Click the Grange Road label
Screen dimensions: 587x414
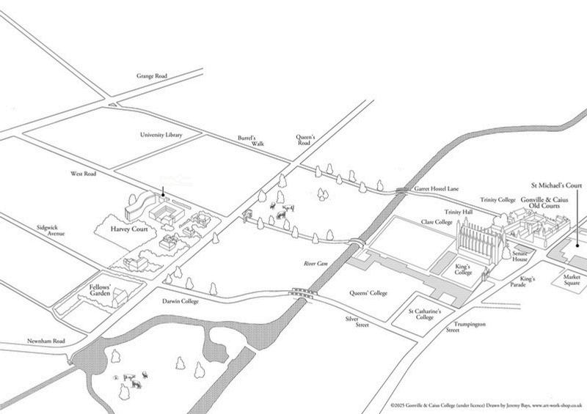(153, 76)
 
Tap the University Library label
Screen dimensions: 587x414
(161, 135)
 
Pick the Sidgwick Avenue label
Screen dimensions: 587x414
(51, 231)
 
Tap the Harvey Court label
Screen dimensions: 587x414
(129, 229)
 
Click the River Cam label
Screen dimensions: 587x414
(315, 263)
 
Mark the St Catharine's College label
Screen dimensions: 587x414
(425, 316)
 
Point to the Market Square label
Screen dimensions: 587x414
(572, 281)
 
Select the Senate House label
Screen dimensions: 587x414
(521, 256)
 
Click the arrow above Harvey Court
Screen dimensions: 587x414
(163, 192)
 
